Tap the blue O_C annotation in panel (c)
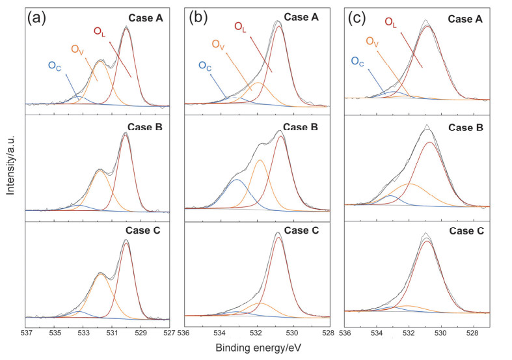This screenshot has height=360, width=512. (x=357, y=61)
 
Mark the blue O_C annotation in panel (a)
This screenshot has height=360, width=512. (x=56, y=65)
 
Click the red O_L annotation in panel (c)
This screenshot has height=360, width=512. (x=391, y=23)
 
